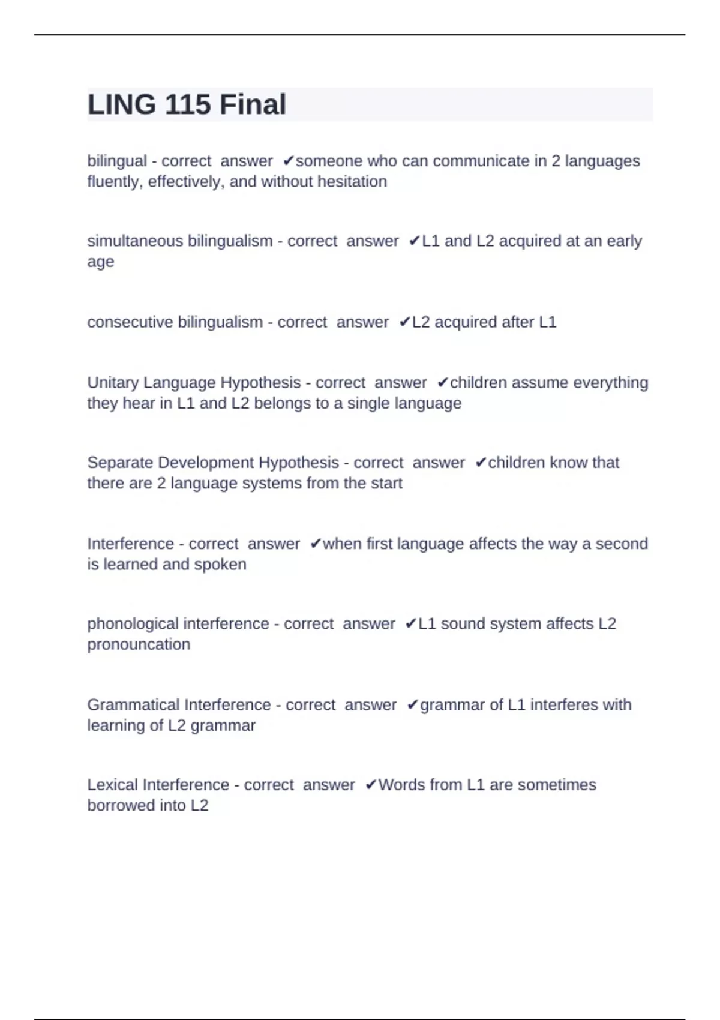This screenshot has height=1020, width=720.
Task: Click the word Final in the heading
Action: click(253, 104)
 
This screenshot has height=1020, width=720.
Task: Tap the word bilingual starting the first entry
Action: click(117, 161)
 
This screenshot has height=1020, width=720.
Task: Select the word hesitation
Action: click(352, 181)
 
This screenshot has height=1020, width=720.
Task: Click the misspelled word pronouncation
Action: click(139, 644)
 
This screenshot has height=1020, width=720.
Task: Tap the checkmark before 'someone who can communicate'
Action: click(288, 161)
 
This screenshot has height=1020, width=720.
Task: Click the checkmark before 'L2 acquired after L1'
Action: click(404, 322)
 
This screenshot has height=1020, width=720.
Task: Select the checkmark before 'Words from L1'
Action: click(371, 785)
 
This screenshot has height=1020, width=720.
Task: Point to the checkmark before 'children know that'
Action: click(481, 463)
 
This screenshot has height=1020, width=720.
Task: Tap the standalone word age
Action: click(100, 262)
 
